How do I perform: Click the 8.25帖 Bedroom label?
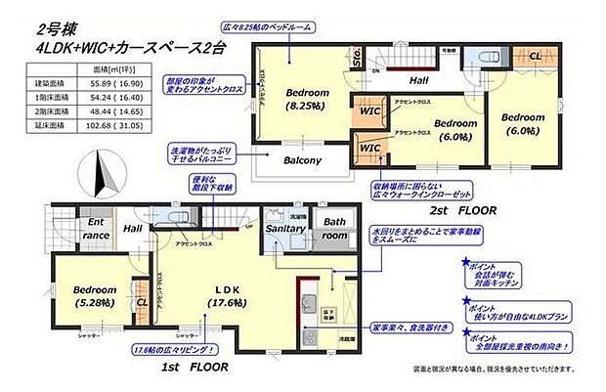pyautogui.click(x=306, y=98)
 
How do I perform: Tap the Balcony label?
pyautogui.click(x=302, y=159)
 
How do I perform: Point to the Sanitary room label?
pyautogui.click(x=287, y=228)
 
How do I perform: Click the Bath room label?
pyautogui.click(x=335, y=229)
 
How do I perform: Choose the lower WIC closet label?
pyautogui.click(x=368, y=148)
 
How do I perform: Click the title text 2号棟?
pyautogui.click(x=58, y=29)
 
